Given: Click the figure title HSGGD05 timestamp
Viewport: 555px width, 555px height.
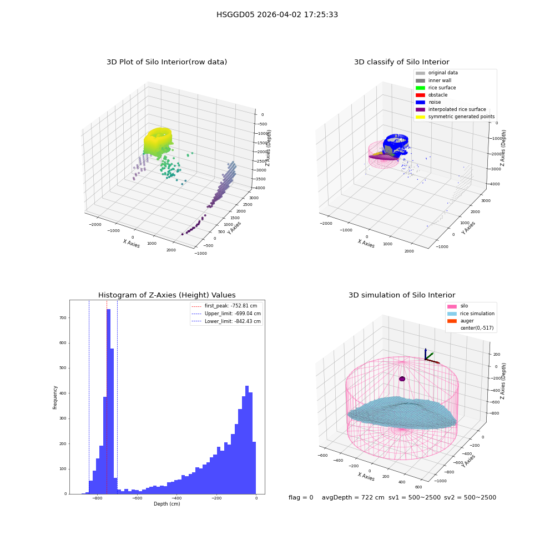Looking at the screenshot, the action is click(277, 14).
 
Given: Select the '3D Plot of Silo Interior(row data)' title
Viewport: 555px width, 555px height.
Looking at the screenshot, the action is click(167, 62).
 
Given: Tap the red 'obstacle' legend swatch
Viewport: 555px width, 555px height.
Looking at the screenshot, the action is click(420, 95).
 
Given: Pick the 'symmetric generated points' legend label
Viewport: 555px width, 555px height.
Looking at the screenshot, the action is click(461, 117).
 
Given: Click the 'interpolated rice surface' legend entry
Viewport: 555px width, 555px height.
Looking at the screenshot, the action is click(451, 109).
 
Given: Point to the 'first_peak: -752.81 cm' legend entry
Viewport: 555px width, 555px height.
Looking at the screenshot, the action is click(224, 306).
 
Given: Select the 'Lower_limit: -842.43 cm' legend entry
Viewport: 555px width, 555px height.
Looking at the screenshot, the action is click(226, 321).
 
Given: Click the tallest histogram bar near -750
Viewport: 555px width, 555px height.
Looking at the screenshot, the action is click(109, 401).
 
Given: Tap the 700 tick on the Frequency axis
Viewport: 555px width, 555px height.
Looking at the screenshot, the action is click(63, 318).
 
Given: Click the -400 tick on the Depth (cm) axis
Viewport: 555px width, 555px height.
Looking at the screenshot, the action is click(177, 498).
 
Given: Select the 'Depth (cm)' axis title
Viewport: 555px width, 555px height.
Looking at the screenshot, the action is click(167, 504).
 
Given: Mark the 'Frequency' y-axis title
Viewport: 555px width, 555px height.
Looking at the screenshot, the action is click(55, 397).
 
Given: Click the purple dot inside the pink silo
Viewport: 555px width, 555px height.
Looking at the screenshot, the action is click(402, 379).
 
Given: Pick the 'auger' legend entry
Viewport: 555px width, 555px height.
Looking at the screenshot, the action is click(461, 321).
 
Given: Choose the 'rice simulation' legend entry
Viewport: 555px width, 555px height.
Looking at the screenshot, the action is click(471, 314).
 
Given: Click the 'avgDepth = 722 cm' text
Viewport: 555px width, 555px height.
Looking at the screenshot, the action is click(353, 497).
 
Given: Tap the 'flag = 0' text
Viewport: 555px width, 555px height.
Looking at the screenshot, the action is click(301, 497).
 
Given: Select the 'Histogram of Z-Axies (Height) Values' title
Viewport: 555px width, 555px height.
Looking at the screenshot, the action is click(167, 295).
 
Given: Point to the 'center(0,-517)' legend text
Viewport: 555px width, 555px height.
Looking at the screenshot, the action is click(477, 328).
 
